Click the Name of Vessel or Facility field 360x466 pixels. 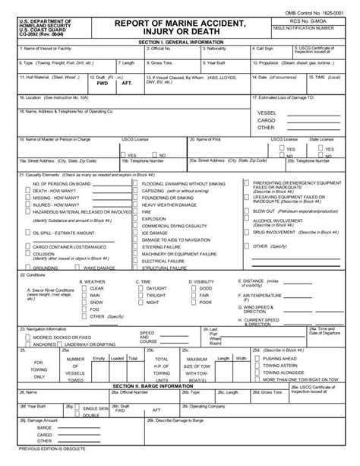point(69,55)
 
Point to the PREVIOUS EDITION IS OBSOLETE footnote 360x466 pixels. point(39,461)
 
